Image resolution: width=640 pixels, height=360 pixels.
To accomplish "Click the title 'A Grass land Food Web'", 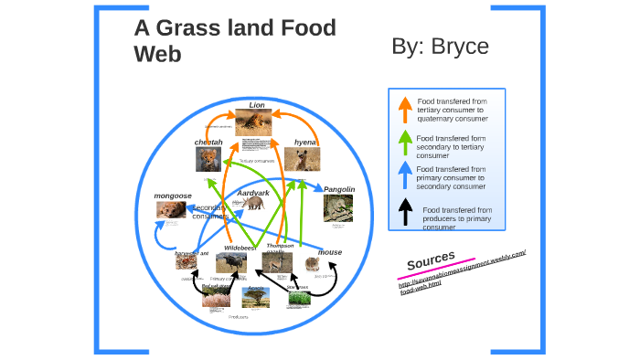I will coord(235,41).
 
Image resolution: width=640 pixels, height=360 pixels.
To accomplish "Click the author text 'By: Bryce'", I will coord(440,47).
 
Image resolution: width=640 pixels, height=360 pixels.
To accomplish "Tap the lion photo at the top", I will coord(253,122).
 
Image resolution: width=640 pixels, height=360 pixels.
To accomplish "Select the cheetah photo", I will coord(208,160).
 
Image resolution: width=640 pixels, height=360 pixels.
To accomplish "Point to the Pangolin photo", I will coord(337,208).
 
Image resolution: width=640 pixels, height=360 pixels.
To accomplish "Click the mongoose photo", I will coord(171,210).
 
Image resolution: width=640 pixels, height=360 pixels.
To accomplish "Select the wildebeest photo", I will coord(231,263).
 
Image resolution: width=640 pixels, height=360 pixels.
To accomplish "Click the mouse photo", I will coord(313,265).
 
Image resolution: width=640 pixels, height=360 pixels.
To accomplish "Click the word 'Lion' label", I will coord(257,104).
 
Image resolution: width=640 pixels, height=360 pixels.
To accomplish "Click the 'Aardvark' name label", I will coord(253,193).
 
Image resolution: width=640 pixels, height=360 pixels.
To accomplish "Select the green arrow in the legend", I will coord(404,143).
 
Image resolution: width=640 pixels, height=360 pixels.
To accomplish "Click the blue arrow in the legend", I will coord(404,175).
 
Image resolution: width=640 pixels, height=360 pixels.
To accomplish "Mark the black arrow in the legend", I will coord(404,216).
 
